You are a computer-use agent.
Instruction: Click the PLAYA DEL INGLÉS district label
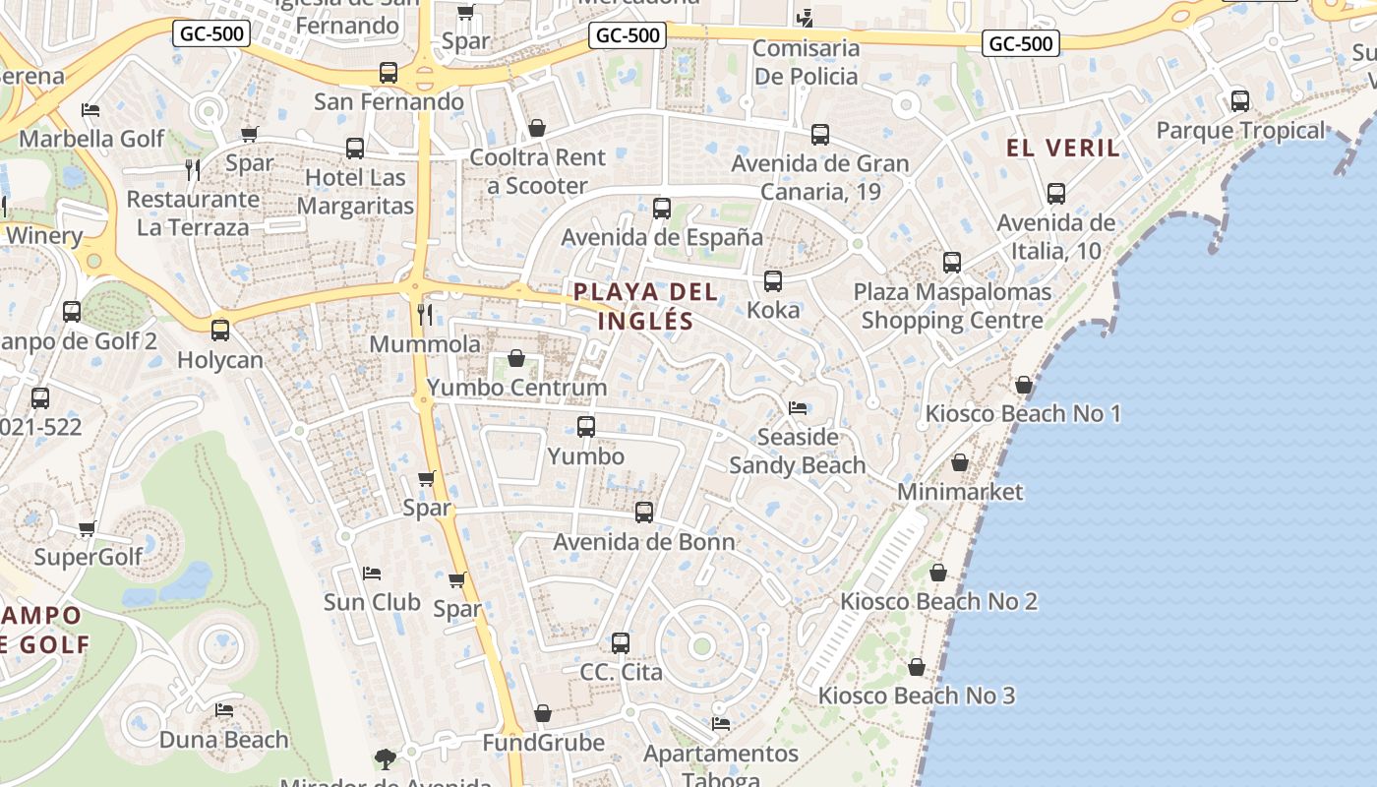point(645,306)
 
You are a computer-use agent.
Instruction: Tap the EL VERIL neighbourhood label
point(1062,149)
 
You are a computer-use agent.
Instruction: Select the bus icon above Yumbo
point(586,427)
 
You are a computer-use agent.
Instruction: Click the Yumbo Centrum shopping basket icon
point(516,358)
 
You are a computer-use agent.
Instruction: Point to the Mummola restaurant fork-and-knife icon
point(425,315)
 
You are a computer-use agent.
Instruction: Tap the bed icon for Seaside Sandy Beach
point(798,407)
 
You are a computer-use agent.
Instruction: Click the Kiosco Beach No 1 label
point(1023,413)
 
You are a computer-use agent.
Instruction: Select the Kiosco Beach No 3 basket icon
point(917,667)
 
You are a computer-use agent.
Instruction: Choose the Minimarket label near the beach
point(960,492)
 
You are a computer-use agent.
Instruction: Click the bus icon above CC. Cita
point(621,643)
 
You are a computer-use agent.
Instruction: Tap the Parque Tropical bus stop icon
point(1240,101)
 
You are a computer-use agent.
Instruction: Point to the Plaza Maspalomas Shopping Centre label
point(952,306)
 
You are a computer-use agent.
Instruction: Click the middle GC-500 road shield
point(629,36)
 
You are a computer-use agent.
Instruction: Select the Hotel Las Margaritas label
point(355,192)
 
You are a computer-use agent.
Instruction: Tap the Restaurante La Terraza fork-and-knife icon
point(193,169)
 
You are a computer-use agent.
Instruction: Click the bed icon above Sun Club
point(372,573)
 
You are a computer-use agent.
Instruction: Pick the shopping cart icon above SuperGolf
point(88,528)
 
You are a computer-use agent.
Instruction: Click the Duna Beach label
point(224,740)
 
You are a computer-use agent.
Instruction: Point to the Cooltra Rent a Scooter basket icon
point(537,128)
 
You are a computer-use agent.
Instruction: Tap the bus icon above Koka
point(773,281)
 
